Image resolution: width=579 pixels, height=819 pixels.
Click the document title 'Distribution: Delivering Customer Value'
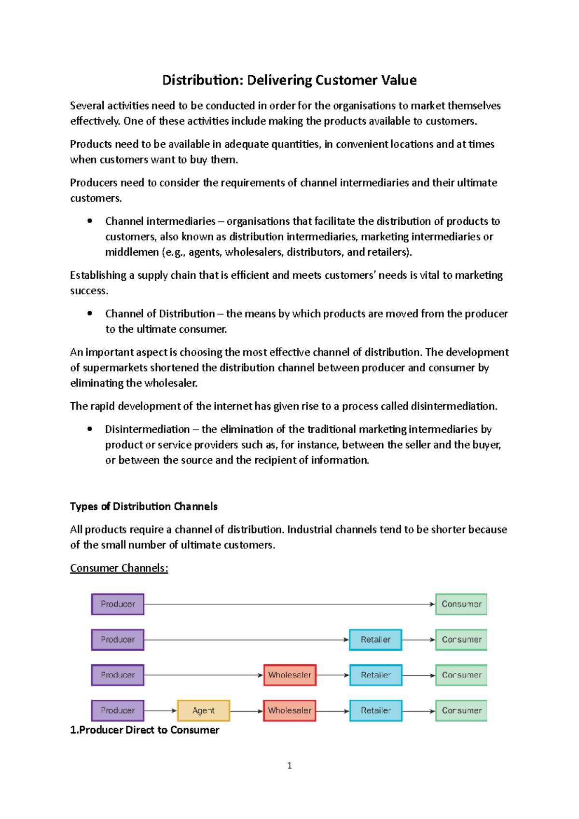[289, 80]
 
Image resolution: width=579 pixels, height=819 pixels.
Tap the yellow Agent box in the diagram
[203, 710]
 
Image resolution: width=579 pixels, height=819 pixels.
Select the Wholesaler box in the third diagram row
[289, 675]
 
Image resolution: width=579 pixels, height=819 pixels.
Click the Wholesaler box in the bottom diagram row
[289, 710]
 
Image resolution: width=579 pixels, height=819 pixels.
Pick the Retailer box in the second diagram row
[375, 640]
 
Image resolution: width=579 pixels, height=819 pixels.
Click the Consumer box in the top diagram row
[461, 604]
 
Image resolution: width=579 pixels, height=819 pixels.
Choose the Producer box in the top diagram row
[118, 604]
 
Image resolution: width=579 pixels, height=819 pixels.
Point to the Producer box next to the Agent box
[118, 710]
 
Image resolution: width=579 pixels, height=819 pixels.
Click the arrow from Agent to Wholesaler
[246, 711]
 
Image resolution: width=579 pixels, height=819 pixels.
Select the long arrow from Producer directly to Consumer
[289, 604]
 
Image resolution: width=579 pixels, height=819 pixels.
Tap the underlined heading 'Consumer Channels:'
[119, 568]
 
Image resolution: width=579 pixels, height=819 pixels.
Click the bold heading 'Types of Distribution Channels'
[144, 506]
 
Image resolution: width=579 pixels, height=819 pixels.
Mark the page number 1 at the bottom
[289, 765]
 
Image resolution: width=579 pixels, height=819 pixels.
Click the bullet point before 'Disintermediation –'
[90, 429]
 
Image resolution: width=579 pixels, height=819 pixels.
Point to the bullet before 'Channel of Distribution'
[90, 313]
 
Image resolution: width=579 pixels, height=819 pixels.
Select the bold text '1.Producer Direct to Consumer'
[145, 730]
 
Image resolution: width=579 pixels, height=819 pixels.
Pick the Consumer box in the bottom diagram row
[461, 710]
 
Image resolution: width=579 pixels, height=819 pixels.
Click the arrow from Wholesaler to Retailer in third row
[332, 675]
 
